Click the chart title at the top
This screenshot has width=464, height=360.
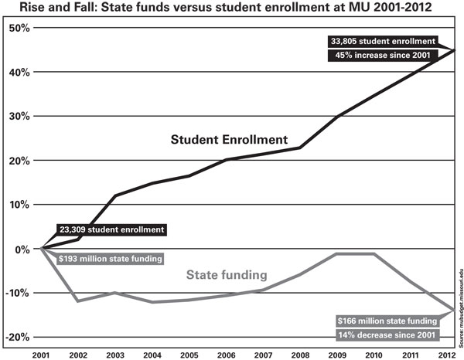pos(230,8)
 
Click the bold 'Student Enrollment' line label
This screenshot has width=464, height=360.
pos(229,141)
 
